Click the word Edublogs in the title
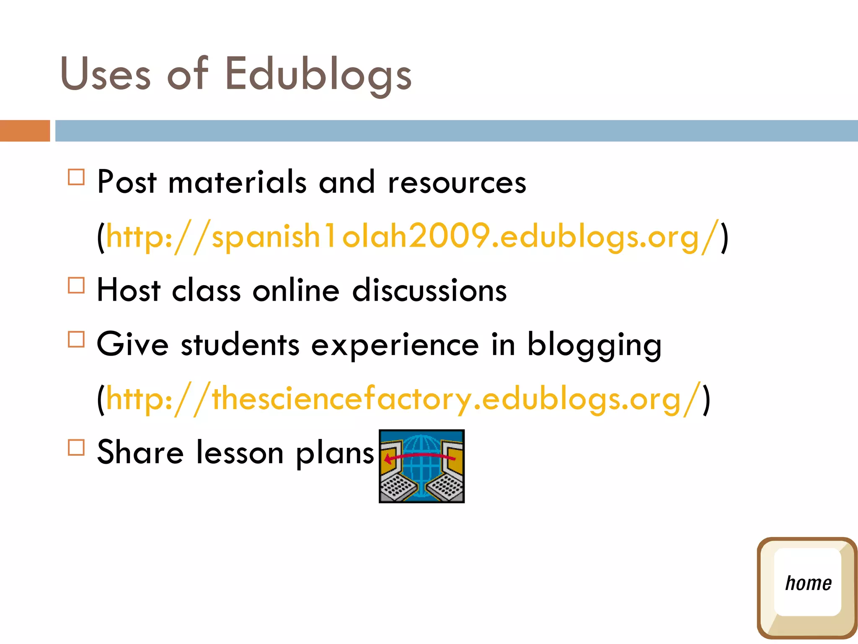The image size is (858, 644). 318,75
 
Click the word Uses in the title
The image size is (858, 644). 106,75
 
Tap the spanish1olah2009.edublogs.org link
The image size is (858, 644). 412,236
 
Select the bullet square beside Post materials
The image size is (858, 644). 76,177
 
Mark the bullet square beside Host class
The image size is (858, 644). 76,285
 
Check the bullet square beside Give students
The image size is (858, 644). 76,339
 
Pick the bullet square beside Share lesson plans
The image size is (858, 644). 76,447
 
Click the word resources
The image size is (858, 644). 457,183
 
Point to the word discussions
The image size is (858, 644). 429,291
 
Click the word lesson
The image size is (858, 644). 240,453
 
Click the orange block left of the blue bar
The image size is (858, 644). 25,131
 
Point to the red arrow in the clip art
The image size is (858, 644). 419,457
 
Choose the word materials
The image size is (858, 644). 238,183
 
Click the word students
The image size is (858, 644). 240,345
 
